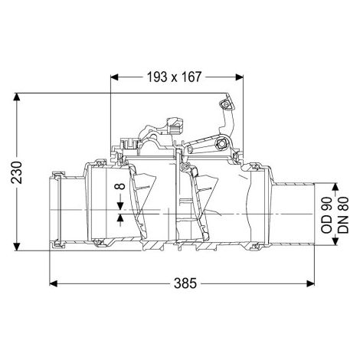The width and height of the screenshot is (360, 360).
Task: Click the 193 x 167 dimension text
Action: tap(174, 77)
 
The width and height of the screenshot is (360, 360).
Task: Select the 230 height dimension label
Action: tap(17, 172)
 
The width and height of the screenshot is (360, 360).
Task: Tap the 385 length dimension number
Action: tap(185, 283)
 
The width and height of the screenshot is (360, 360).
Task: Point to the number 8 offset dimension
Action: tap(120, 186)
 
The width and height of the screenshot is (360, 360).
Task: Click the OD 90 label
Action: tap(326, 215)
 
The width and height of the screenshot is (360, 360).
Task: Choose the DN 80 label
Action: tap(343, 214)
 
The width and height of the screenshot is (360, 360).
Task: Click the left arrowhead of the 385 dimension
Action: tap(53, 283)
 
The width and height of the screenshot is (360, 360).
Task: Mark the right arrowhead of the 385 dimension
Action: tap(310, 283)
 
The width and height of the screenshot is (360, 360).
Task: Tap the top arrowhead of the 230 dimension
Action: tap(17, 97)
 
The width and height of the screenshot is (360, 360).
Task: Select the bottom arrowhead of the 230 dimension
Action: tap(17, 247)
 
